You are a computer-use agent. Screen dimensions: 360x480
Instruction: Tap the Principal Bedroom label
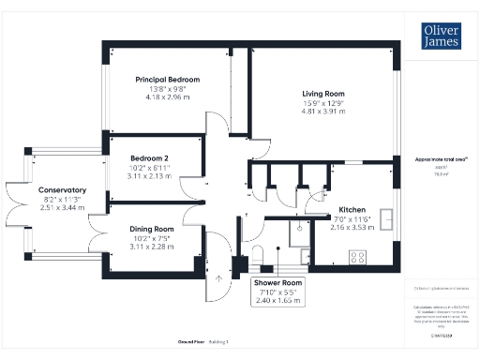point(167,79)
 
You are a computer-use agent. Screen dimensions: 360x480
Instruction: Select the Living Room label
point(323,94)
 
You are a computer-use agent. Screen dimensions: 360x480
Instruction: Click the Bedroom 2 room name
point(150,157)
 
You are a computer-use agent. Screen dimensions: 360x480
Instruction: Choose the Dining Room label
point(152,229)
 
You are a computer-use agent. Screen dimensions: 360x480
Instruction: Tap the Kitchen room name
point(352,209)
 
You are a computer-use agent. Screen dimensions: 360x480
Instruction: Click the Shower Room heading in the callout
point(278,282)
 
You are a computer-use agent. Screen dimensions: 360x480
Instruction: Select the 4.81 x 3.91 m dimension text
point(323,112)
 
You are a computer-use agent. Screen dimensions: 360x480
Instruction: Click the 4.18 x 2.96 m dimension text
point(167,96)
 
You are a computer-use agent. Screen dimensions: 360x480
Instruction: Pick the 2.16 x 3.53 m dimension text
point(352,226)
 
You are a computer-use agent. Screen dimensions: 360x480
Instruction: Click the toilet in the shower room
point(259,258)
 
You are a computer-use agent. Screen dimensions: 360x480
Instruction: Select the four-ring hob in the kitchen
point(357,256)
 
